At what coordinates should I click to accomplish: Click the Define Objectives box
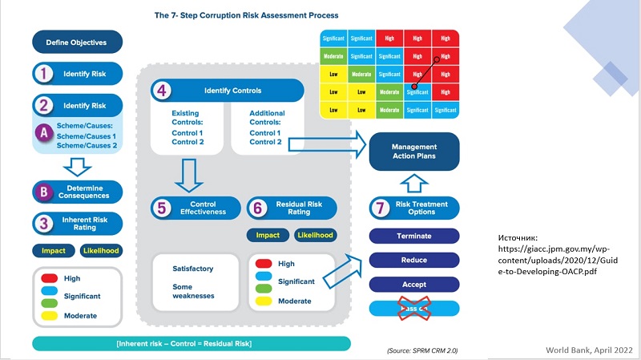click(77, 42)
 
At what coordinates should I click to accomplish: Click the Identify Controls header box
click(229, 91)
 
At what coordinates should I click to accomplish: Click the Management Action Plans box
click(413, 152)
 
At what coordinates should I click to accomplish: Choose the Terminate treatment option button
click(413, 237)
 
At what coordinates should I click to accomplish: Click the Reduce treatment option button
click(413, 260)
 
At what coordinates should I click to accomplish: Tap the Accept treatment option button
click(413, 284)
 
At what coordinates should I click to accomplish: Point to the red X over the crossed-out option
click(413, 308)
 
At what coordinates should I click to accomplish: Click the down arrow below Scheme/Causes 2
click(77, 167)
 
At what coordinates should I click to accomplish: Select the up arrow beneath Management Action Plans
click(413, 184)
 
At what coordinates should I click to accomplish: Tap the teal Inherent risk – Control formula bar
click(191, 344)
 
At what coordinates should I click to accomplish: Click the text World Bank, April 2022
click(590, 350)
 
